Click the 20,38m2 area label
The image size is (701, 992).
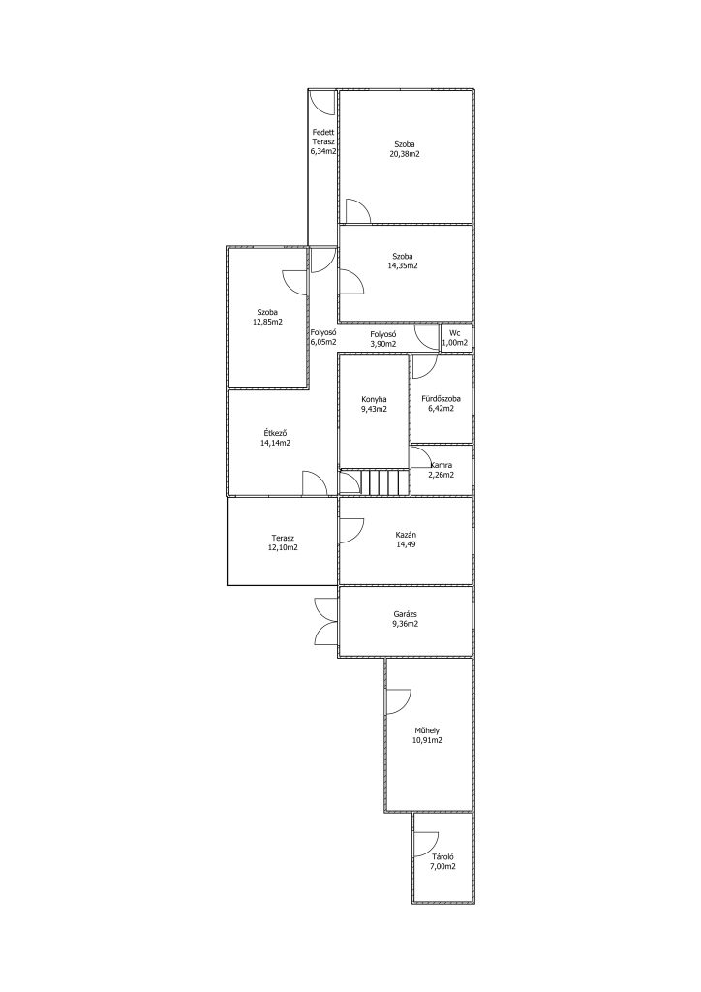click(x=405, y=154)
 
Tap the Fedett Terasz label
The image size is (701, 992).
click(x=323, y=138)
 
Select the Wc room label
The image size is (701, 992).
click(x=455, y=333)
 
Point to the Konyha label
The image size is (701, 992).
click(x=374, y=399)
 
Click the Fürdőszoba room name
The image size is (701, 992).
click(x=442, y=399)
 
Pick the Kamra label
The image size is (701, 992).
click(x=441, y=465)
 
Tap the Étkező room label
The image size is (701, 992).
click(x=276, y=433)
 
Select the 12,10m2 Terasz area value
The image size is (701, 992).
click(x=283, y=547)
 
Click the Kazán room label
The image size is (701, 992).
click(x=404, y=535)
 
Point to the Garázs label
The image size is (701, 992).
click(x=405, y=613)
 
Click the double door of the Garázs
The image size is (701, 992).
click(x=326, y=621)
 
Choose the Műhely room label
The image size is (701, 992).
click(x=427, y=730)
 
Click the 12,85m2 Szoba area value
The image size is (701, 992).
click(x=266, y=322)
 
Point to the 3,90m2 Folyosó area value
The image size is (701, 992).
click(x=383, y=344)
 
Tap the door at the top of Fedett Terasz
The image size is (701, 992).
click(x=323, y=103)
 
